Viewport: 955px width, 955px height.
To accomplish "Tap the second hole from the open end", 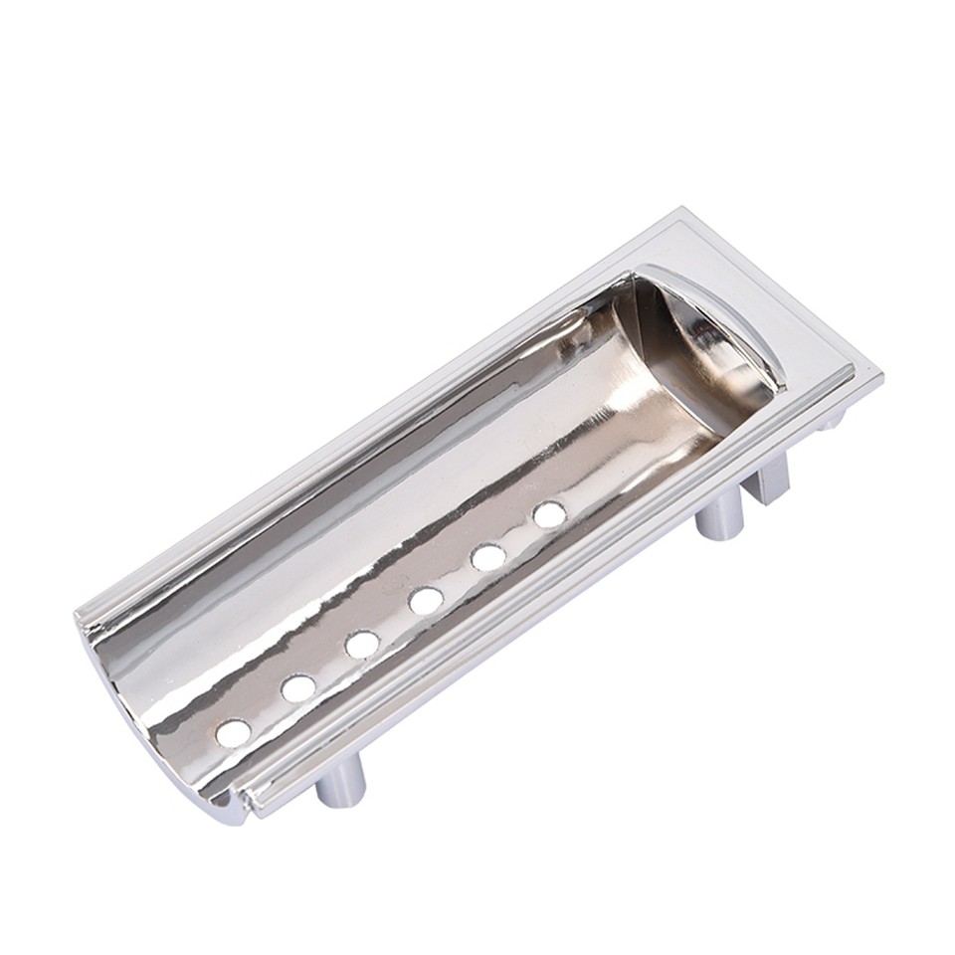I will [x=296, y=687].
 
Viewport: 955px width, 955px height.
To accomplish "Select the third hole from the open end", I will [x=361, y=644].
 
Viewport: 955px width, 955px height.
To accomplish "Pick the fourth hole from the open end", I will [x=425, y=600].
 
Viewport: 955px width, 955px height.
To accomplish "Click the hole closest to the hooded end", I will [x=548, y=514].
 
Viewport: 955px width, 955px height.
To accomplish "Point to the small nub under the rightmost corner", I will [x=828, y=421].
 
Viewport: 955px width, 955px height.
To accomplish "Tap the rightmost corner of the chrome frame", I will [x=879, y=376].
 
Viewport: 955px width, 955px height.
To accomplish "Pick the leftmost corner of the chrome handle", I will [x=78, y=609].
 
